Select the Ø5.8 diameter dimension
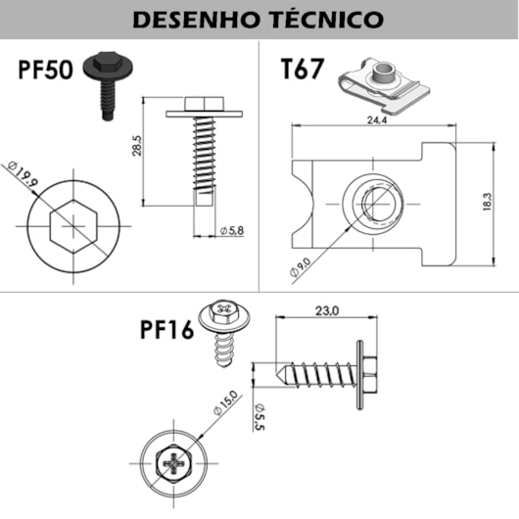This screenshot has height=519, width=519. [x=233, y=229]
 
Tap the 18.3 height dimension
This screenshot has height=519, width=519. [x=487, y=201]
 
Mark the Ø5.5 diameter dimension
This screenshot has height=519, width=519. [x=259, y=416]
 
